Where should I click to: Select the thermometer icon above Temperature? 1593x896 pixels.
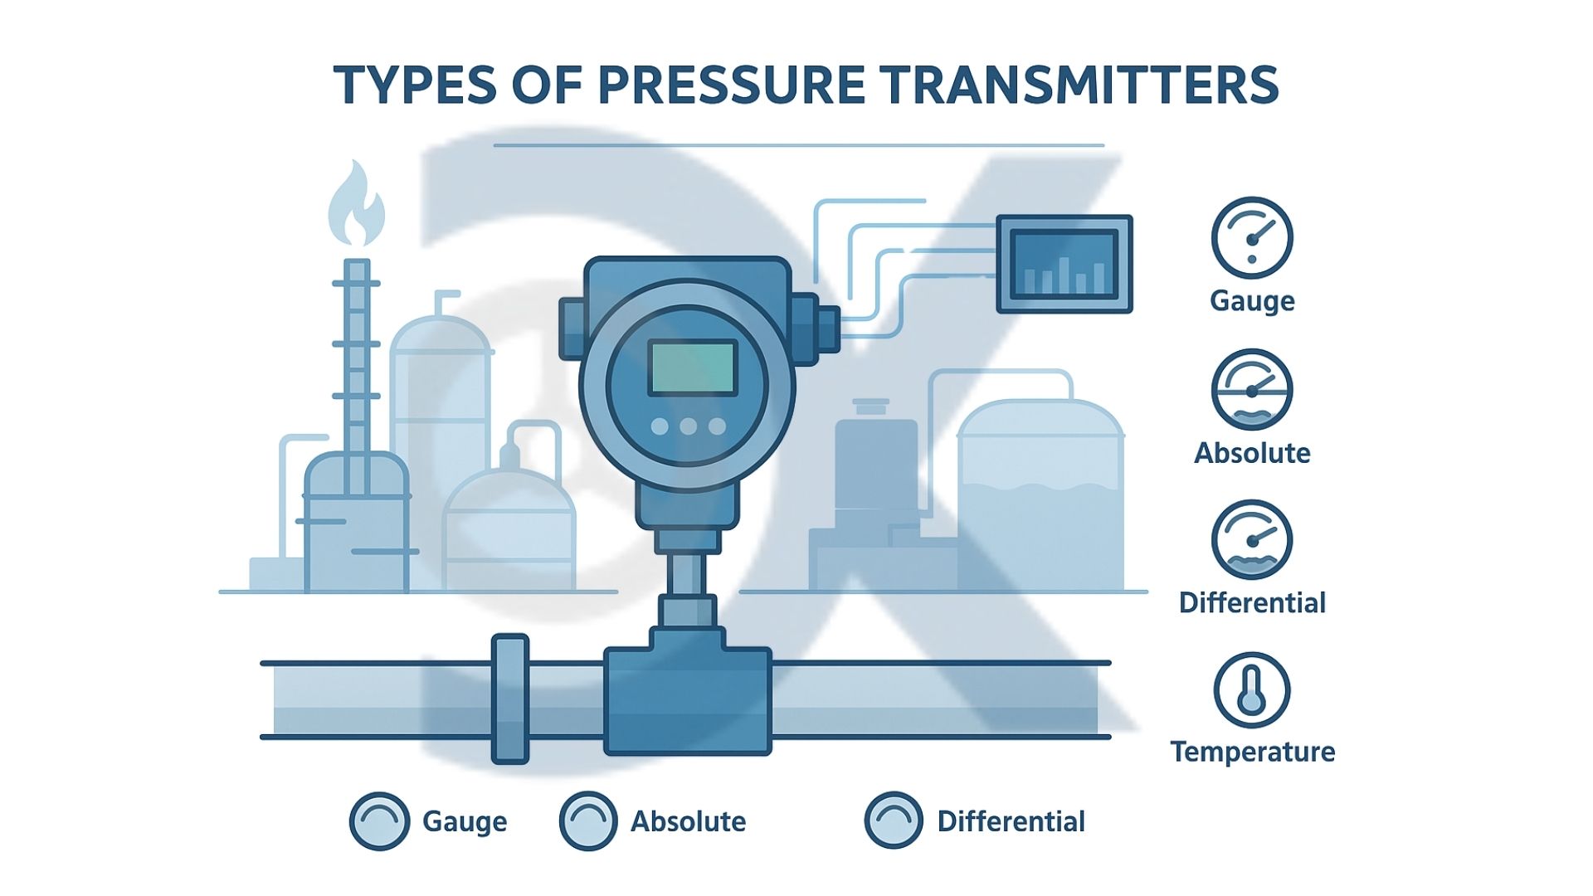tap(1252, 690)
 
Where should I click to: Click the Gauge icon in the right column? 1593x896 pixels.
tap(1252, 237)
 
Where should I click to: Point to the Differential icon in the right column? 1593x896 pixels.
tap(1252, 540)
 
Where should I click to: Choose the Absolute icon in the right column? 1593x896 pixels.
tap(1252, 389)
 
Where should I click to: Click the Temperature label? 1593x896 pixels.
tap(1253, 752)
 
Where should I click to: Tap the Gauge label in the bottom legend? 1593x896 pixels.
tap(465, 821)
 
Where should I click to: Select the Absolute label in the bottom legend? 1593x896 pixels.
tap(689, 821)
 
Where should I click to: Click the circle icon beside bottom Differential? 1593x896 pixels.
tap(894, 821)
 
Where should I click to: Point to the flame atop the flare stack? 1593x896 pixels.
tap(356, 203)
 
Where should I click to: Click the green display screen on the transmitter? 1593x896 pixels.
tap(692, 368)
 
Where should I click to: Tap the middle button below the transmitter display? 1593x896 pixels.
tap(688, 426)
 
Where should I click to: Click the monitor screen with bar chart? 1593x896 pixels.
tap(1064, 264)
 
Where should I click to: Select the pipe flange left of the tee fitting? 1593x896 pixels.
tap(510, 699)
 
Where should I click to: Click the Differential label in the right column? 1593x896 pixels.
tap(1253, 602)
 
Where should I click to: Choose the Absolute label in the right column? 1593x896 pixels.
tap(1253, 453)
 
